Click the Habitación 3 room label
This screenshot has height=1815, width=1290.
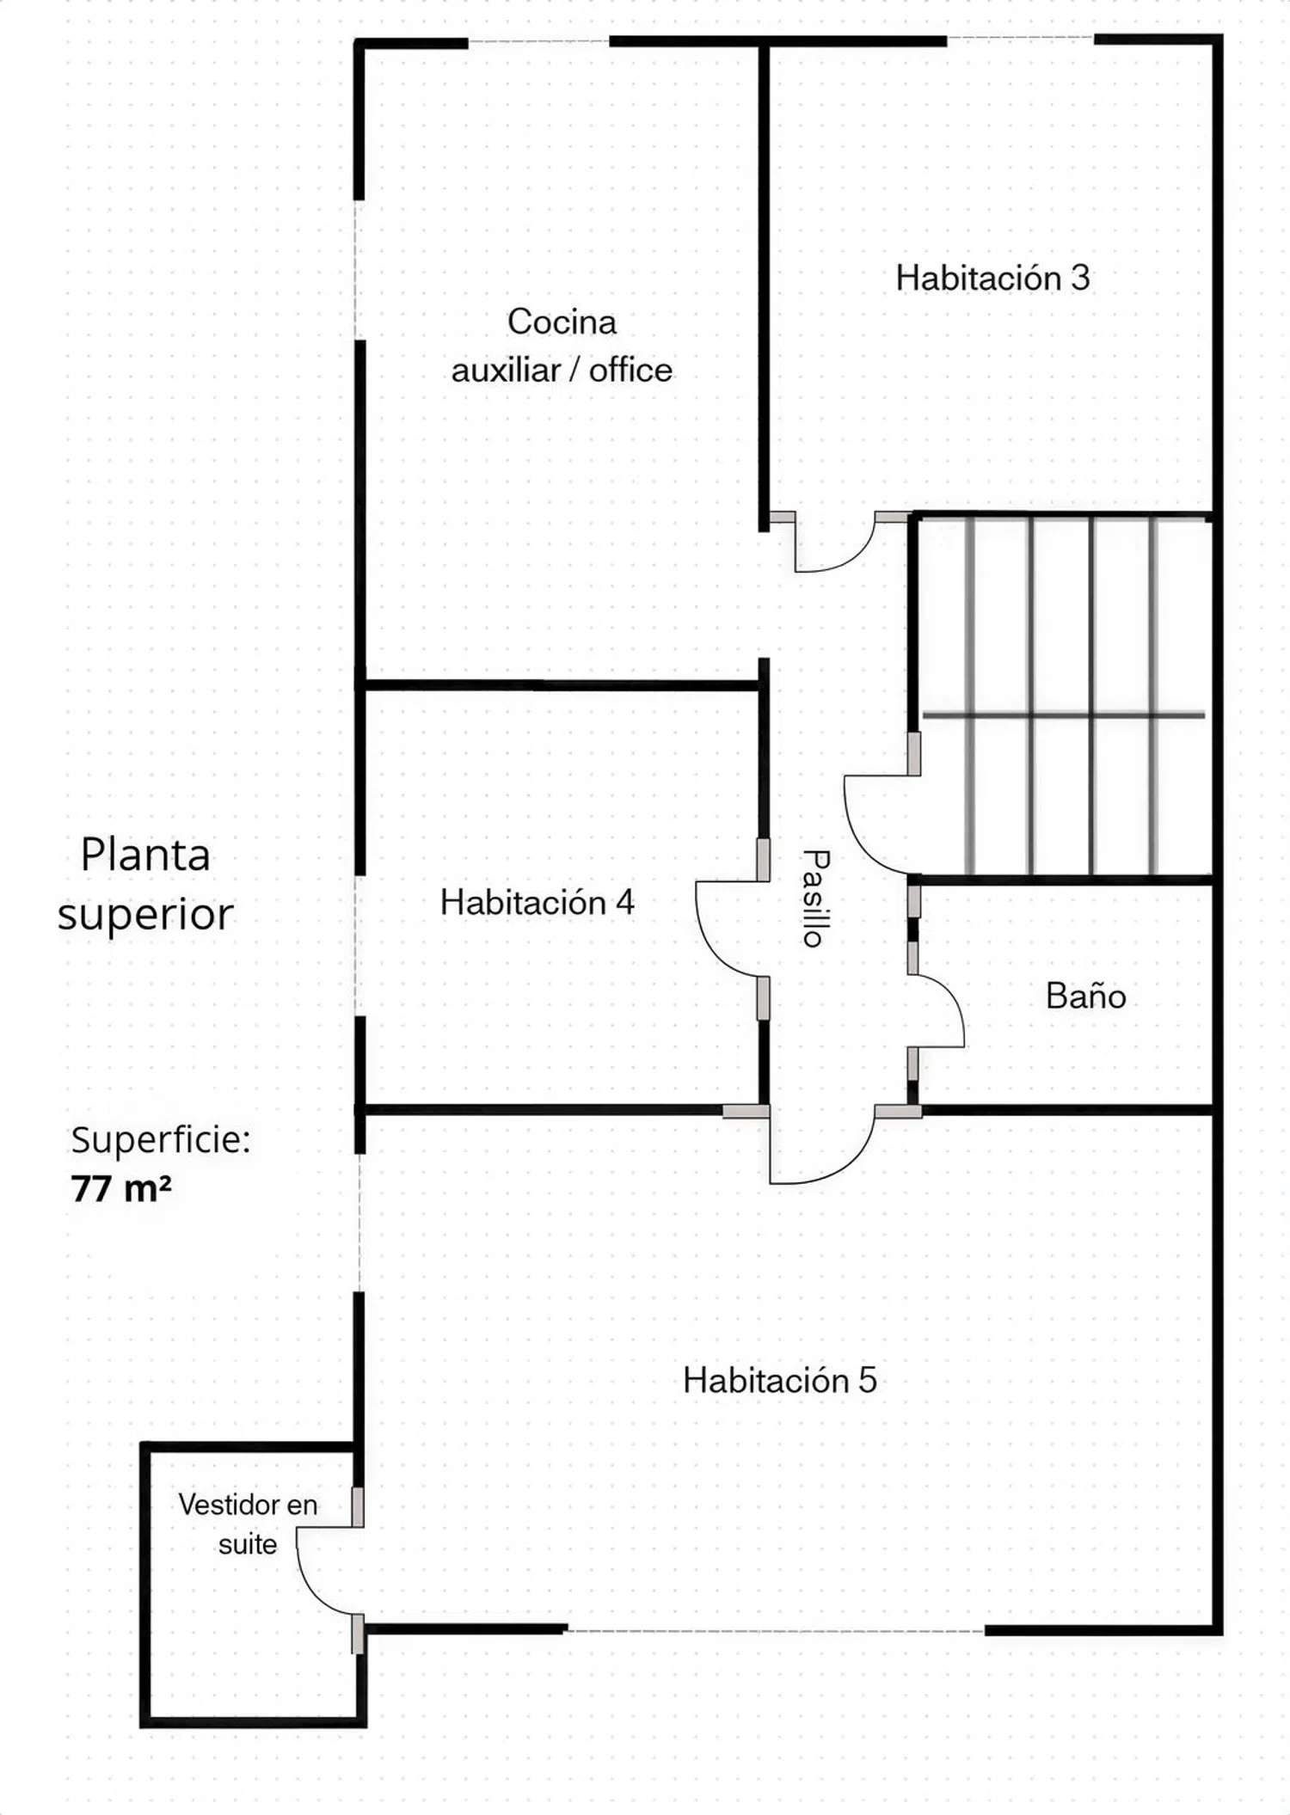tap(992, 278)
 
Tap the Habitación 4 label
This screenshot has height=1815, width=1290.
tap(537, 902)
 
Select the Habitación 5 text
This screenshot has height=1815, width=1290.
tap(780, 1380)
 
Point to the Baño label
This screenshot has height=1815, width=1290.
tap(1085, 996)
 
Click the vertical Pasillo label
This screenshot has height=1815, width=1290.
tap(814, 898)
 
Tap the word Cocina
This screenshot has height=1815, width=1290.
tap(562, 322)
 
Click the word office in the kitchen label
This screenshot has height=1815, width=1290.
tap(630, 370)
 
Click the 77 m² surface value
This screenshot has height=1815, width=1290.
tap(121, 1188)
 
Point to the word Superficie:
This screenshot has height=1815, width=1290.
tap(161, 1140)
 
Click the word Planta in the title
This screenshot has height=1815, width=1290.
tap(145, 855)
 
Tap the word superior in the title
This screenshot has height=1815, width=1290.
tap(145, 914)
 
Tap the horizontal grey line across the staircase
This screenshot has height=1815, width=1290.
tap(1064, 714)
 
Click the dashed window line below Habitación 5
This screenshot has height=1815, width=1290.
tap(776, 1630)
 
